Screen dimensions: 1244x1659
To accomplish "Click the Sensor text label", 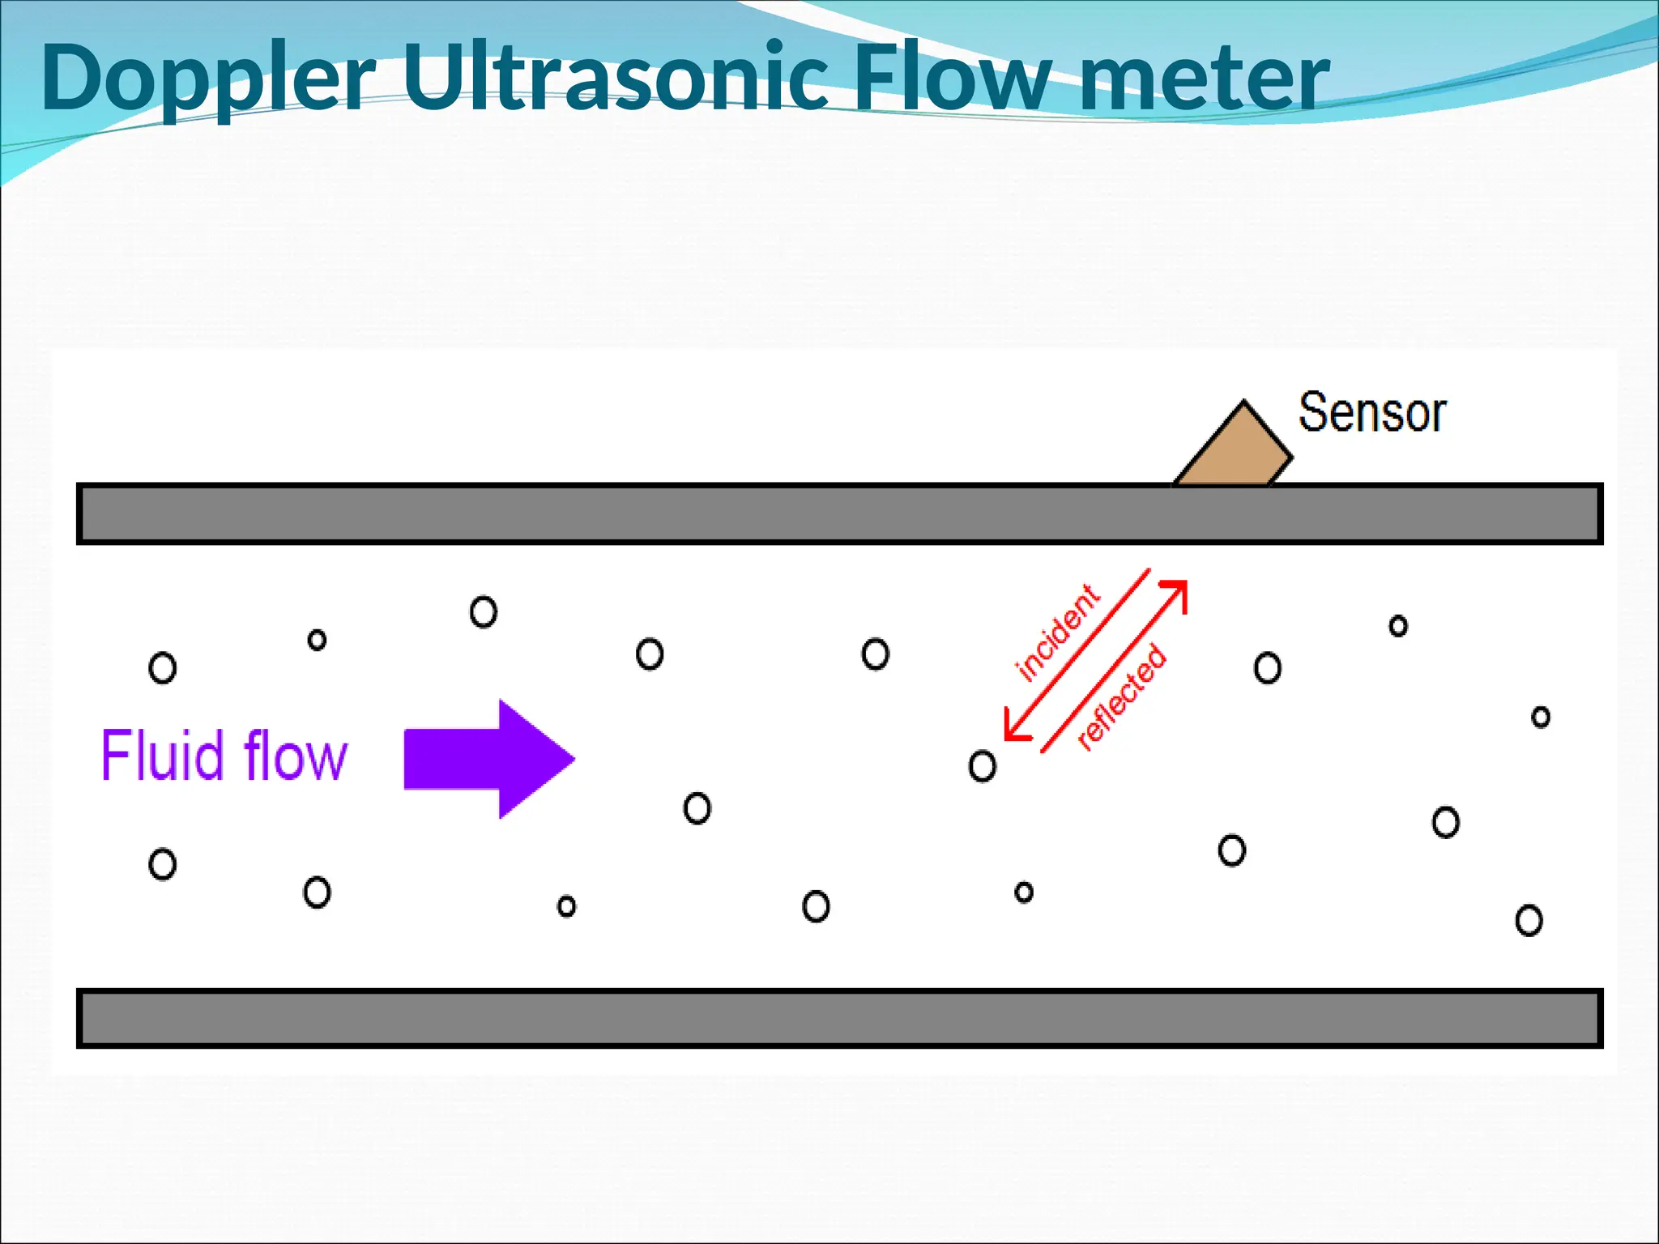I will pos(1371,413).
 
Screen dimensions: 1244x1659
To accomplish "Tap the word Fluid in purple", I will pos(162,755).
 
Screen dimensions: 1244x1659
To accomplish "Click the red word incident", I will pos(1057,633).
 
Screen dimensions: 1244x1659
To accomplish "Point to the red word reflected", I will pos(1122,697).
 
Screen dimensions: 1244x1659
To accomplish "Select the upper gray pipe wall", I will pos(839,513).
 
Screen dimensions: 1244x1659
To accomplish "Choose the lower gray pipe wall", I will pos(839,1018).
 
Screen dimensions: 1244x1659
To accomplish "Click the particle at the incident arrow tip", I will pos(982,765).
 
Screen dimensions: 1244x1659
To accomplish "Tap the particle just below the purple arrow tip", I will pos(697,807).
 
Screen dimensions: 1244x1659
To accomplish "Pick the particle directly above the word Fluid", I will pos(163,668).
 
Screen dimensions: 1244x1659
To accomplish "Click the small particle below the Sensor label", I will pos(1398,625).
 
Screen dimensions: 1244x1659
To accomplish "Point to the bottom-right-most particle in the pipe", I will pos(1529,920).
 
